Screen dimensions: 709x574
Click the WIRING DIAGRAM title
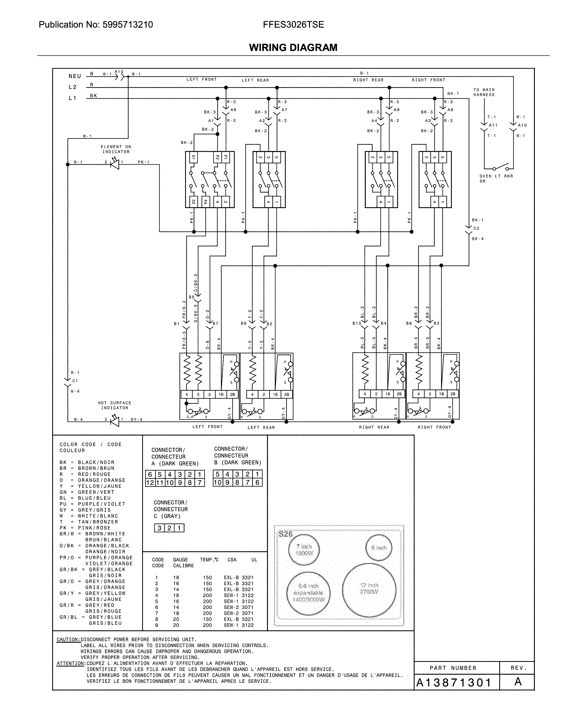point(293,48)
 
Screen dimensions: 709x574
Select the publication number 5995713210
point(128,25)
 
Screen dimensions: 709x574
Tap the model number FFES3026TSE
point(293,25)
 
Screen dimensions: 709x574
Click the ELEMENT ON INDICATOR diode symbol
point(115,164)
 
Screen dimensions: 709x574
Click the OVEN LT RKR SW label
point(496,178)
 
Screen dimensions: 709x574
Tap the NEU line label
point(75,76)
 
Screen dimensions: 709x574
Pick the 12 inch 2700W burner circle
point(369,588)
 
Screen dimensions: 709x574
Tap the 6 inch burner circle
point(379,548)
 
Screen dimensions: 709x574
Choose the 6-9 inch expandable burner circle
point(308,593)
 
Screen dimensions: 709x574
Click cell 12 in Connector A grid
point(150,482)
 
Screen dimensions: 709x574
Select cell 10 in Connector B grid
point(217,482)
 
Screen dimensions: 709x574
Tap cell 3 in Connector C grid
point(159,528)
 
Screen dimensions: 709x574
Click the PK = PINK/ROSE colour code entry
point(85,528)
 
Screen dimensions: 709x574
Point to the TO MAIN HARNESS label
point(484,92)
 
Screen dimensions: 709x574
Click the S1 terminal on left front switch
point(193,157)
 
